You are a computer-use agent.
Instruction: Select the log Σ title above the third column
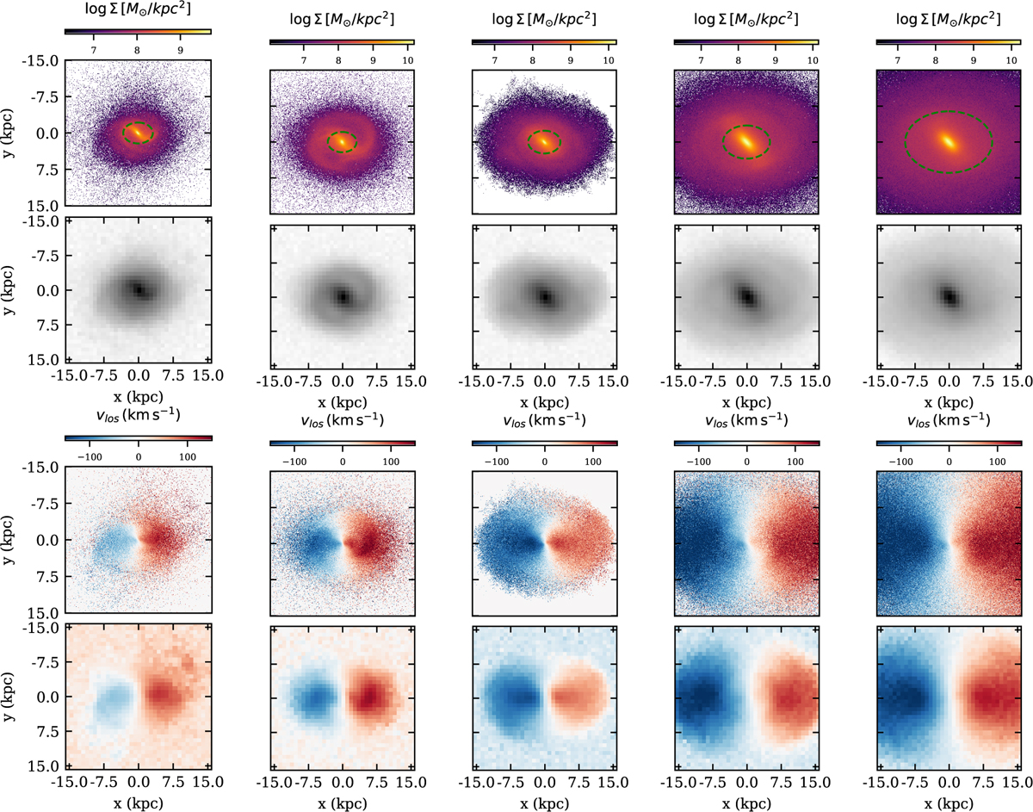(x=545, y=18)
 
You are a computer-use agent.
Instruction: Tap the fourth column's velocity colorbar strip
(x=746, y=443)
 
